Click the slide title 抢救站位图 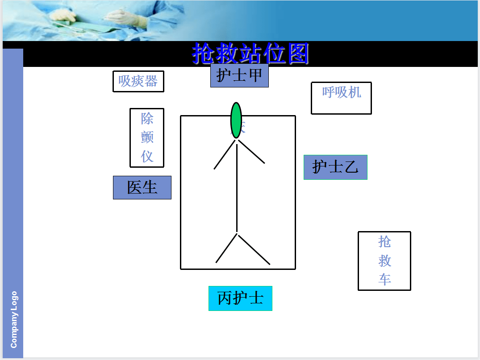[250, 54]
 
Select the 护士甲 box [239, 75]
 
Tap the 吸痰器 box [138, 81]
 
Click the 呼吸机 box [341, 98]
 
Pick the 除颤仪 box [147, 137]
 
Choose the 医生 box [142, 187]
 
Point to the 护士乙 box [335, 167]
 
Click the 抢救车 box [384, 261]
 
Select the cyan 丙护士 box [240, 298]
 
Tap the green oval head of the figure [236, 120]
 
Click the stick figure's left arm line [225, 155]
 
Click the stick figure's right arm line [251, 152]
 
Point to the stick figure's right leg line [253, 249]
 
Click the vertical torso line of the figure [237, 187]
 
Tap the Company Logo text [14, 319]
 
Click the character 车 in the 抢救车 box [384, 280]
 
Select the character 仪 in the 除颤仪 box [147, 156]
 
